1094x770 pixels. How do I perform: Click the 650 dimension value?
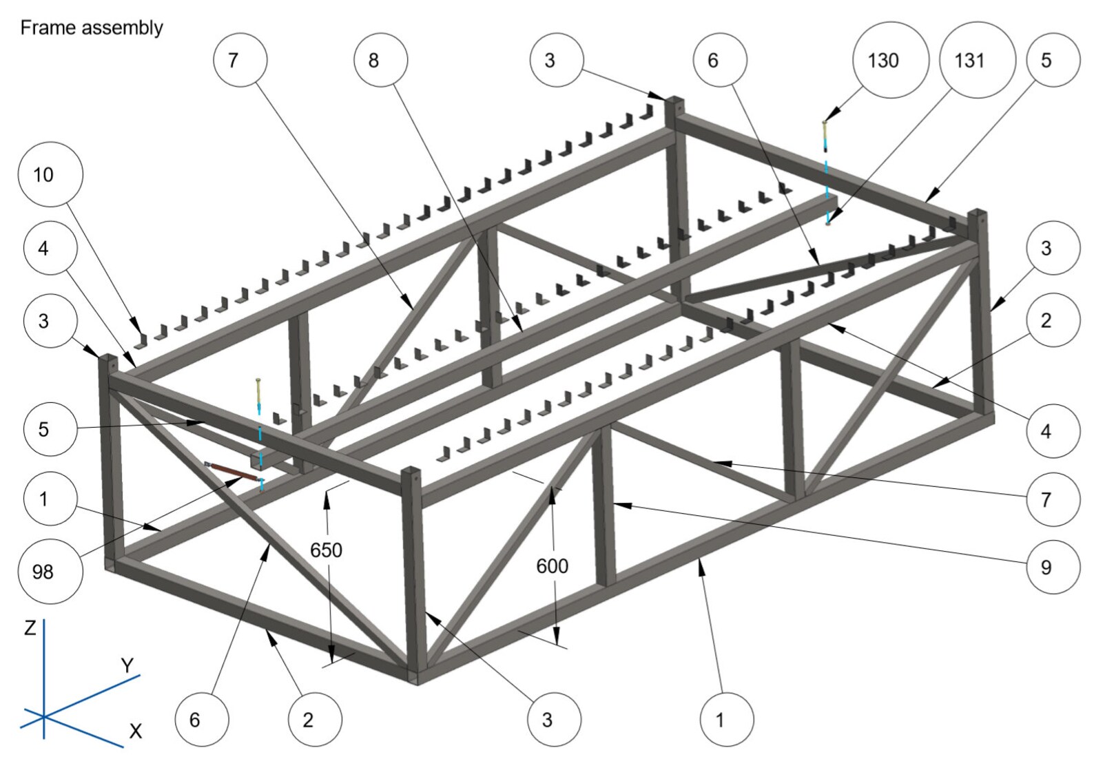click(x=326, y=550)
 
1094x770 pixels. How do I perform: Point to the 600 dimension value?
click(x=552, y=565)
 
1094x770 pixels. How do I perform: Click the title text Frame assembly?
click(x=92, y=28)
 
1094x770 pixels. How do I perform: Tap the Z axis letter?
click(x=30, y=627)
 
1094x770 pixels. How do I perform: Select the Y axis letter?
click(x=127, y=665)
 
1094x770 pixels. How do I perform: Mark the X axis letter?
click(x=136, y=731)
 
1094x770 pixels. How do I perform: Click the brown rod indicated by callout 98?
click(x=234, y=471)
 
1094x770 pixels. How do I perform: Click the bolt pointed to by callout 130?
click(x=825, y=134)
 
